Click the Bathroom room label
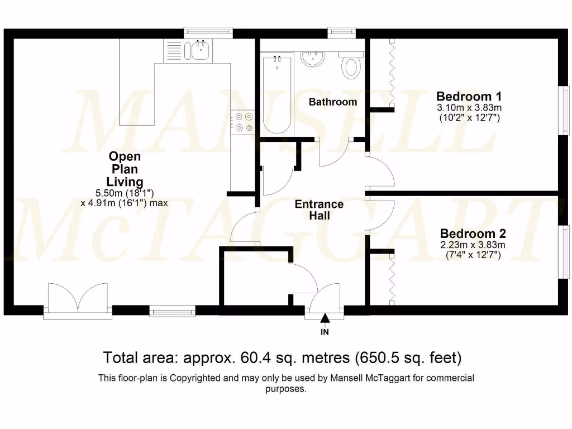333,102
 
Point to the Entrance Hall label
319,209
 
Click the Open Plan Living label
125,169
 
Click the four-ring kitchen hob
244,122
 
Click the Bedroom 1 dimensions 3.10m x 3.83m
469,107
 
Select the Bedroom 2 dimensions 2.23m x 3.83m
472,245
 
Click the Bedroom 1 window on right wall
564,110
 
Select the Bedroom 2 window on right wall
564,250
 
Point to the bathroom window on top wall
341,33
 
